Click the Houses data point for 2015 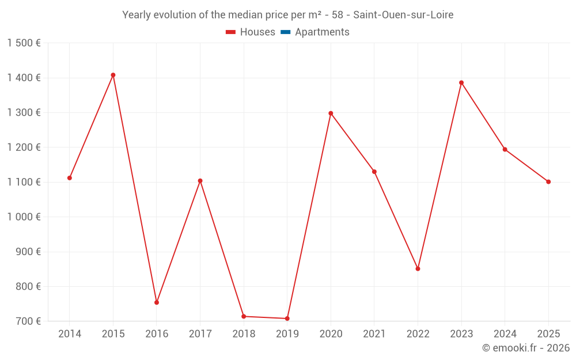113,75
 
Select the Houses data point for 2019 287,319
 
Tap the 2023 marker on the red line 461,82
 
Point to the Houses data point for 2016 157,302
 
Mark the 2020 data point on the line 331,113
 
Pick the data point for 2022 418,269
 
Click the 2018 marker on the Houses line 244,316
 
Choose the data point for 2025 548,182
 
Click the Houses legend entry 251,32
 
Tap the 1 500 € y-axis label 24,43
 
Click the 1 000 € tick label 24,217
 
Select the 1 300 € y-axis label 24,113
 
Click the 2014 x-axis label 70,334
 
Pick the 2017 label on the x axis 200,334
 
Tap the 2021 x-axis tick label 374,334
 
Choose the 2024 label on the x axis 505,334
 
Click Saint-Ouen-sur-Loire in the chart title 403,15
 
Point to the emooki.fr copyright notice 525,348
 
